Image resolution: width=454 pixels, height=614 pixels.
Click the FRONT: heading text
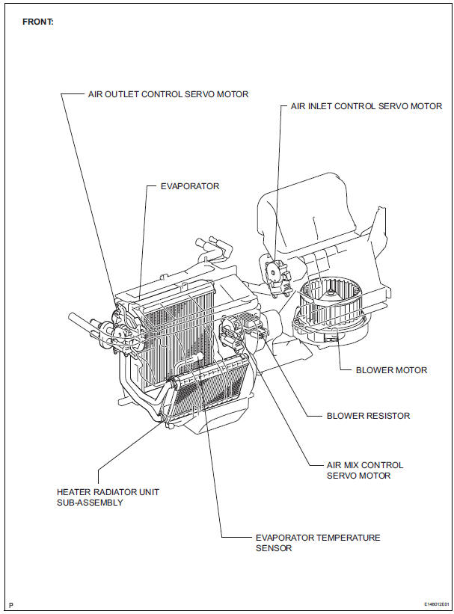(38, 22)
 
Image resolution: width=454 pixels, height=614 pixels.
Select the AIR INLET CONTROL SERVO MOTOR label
(366, 106)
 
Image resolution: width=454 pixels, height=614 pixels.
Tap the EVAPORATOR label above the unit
(190, 185)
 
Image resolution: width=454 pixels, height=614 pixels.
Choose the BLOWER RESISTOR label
(368, 416)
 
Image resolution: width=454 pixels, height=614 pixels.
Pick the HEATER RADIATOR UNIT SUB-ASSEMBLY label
(108, 497)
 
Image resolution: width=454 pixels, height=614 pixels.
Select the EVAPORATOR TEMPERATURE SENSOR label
(317, 543)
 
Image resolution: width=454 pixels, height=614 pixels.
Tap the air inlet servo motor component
(276, 273)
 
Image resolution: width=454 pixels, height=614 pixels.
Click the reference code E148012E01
(433, 603)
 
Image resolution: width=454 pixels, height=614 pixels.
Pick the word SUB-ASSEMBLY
(90, 503)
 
